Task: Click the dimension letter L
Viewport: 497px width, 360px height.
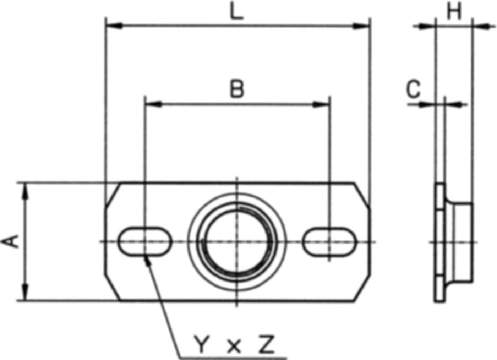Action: (x=237, y=11)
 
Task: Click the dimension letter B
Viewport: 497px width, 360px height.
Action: (x=237, y=89)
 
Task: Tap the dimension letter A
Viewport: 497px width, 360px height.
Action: (x=10, y=242)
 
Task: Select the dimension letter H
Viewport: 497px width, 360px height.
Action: (x=454, y=11)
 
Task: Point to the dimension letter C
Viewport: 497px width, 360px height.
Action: (x=413, y=89)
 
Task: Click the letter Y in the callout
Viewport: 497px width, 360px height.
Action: (x=202, y=344)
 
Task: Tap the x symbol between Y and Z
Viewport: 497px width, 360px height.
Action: (x=234, y=347)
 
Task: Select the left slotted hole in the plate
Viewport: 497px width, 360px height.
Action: (x=145, y=242)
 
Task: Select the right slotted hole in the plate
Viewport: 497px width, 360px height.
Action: (x=330, y=242)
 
